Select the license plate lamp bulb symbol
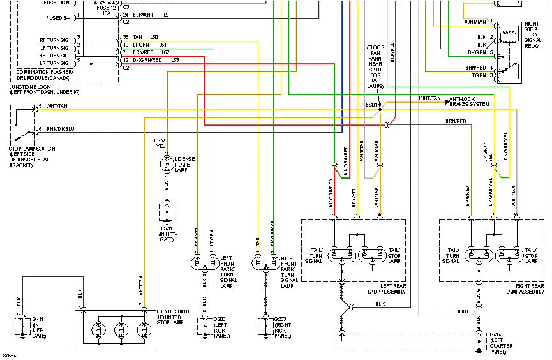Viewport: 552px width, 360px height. [x=167, y=163]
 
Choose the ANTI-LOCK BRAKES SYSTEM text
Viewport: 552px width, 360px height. [x=469, y=101]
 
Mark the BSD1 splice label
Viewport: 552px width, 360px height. [x=371, y=103]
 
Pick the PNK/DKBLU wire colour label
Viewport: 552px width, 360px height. [x=61, y=129]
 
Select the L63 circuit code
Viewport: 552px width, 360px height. [x=174, y=59]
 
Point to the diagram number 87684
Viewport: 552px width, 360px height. [x=9, y=354]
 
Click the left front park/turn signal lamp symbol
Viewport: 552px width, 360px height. [x=205, y=262]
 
